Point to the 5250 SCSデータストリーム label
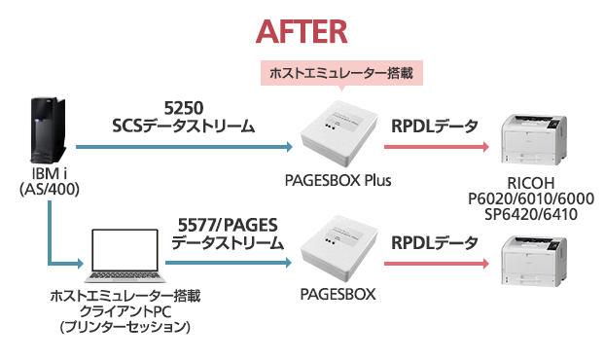[x=184, y=116]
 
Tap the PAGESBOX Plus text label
[x=340, y=180]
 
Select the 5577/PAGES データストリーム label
[x=224, y=234]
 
